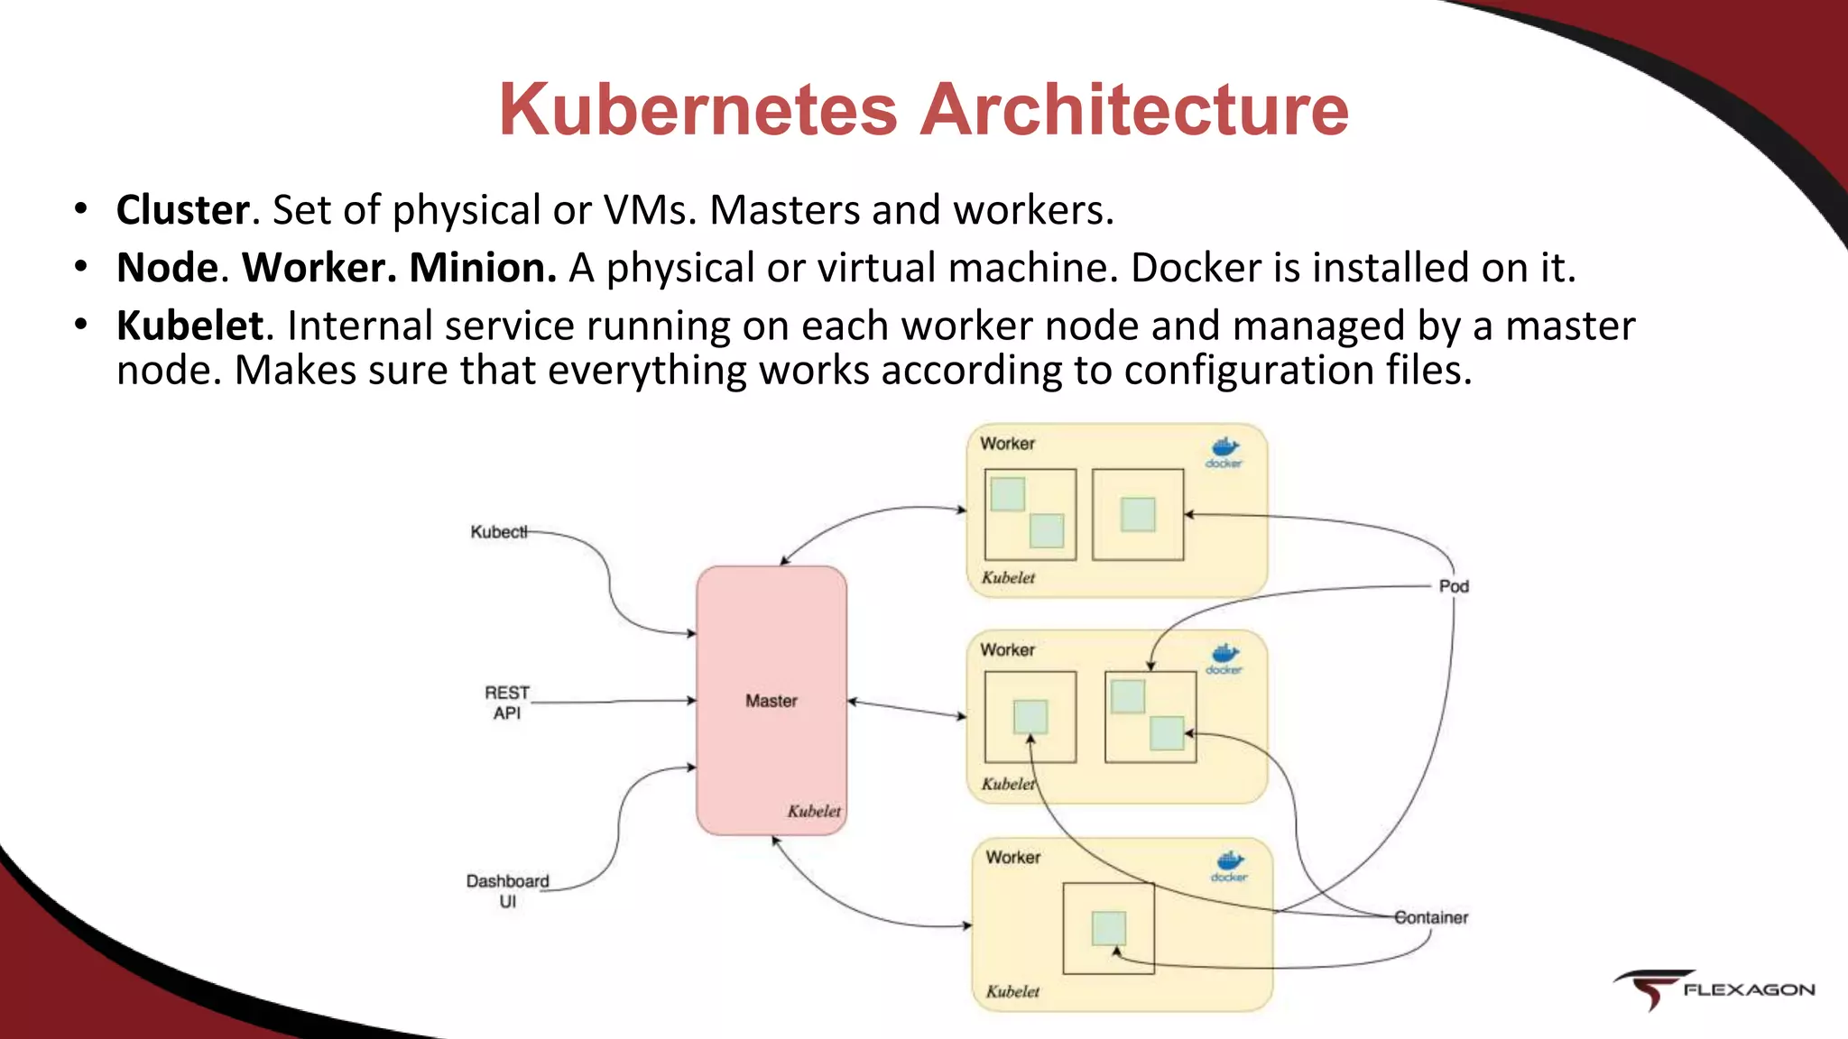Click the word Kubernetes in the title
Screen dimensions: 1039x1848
pos(698,110)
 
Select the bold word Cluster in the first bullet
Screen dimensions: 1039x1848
pos(183,210)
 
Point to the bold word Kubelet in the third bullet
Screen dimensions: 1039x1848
pos(190,326)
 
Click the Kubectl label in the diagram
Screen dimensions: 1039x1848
pos(498,532)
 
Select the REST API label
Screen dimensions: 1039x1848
pos(507,703)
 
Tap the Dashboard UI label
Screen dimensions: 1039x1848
pos(507,890)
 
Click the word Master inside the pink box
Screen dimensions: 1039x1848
pos(771,701)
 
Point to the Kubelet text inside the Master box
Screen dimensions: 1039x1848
pos(813,811)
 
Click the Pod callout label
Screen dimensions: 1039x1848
pos(1454,586)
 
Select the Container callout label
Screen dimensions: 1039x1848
pos(1431,917)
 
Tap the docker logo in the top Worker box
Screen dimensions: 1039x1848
pos(1224,452)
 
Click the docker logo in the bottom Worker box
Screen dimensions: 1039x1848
pos(1229,865)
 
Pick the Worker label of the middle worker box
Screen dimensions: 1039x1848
pos(1007,649)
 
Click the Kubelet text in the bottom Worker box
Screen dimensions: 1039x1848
pos(1012,991)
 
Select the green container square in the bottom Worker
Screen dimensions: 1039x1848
pos(1108,928)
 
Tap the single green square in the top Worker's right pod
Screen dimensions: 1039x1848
pos(1137,514)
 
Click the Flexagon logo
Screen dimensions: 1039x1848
pos(1714,989)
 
